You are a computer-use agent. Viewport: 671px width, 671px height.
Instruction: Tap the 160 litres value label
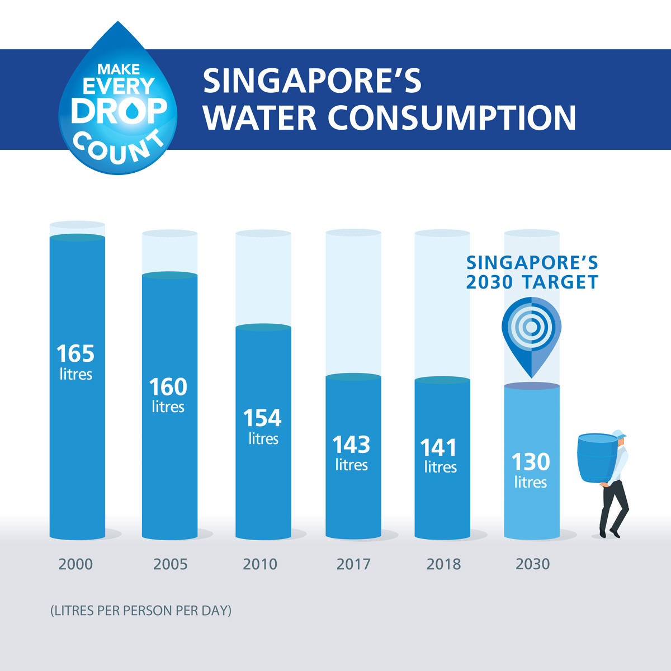[168, 394]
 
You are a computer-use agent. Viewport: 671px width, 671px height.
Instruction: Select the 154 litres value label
[263, 426]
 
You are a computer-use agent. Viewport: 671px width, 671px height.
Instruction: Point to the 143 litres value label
[351, 452]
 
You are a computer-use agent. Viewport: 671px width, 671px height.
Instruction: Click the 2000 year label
[75, 564]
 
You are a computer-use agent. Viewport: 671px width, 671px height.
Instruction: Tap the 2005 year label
[170, 564]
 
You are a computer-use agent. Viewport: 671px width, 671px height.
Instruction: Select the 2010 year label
[260, 564]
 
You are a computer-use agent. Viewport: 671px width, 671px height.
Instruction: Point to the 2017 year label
[353, 564]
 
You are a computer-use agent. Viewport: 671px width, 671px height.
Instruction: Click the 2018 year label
[443, 564]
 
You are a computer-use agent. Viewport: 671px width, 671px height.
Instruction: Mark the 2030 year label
[533, 564]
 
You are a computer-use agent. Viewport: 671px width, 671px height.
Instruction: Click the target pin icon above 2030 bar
[531, 333]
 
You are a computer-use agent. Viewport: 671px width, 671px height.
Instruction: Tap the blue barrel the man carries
[597, 457]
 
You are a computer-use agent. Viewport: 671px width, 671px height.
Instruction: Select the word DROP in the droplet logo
[119, 111]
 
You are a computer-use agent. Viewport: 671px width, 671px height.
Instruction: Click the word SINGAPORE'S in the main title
[312, 81]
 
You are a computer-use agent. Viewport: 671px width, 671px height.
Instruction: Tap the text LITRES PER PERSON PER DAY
[140, 610]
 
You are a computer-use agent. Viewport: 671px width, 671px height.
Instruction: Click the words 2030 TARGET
[532, 282]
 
